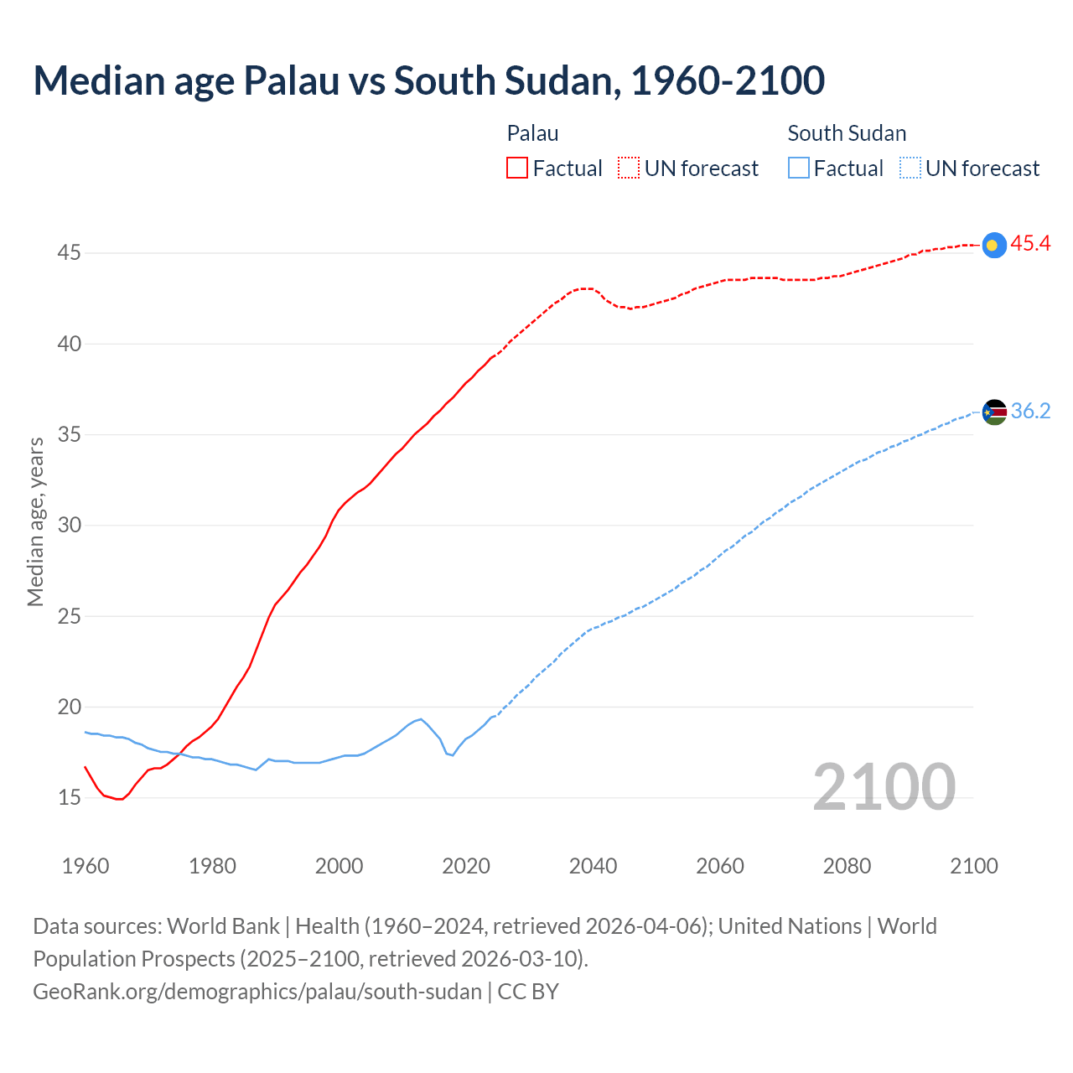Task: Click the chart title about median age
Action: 428,80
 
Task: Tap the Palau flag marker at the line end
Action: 993,245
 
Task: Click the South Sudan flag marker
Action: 993,412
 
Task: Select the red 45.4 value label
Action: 1030,244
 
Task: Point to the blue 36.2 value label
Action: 1030,411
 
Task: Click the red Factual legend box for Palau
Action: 517,168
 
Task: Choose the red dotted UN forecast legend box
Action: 629,168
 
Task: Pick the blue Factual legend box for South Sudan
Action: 799,168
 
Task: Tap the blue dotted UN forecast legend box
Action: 910,168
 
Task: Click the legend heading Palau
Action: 532,133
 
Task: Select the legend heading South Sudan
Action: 847,133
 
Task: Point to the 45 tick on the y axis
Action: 69,253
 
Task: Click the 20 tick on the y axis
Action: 69,707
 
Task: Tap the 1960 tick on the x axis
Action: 86,866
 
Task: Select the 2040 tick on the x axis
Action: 593,866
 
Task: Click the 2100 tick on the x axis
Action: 974,866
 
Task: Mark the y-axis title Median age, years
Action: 35,521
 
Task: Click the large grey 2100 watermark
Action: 884,787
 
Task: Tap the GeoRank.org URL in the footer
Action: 257,992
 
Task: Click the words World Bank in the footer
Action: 223,926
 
